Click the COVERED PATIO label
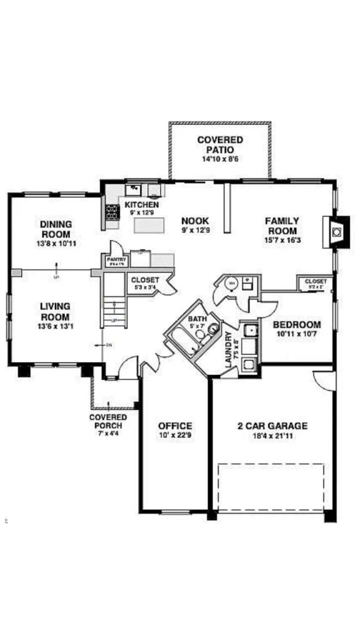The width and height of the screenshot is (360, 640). point(220,145)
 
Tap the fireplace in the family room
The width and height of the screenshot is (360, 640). point(337,232)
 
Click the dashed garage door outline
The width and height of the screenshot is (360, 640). point(270,487)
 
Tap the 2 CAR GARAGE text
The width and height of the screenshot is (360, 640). point(272,426)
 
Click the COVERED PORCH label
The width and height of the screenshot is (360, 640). point(108,422)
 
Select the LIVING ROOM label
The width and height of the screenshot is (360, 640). point(55,311)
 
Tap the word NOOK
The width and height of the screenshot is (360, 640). point(195,221)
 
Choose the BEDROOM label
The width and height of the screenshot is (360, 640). point(297,325)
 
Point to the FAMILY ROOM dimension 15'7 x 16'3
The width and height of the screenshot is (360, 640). point(282,239)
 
